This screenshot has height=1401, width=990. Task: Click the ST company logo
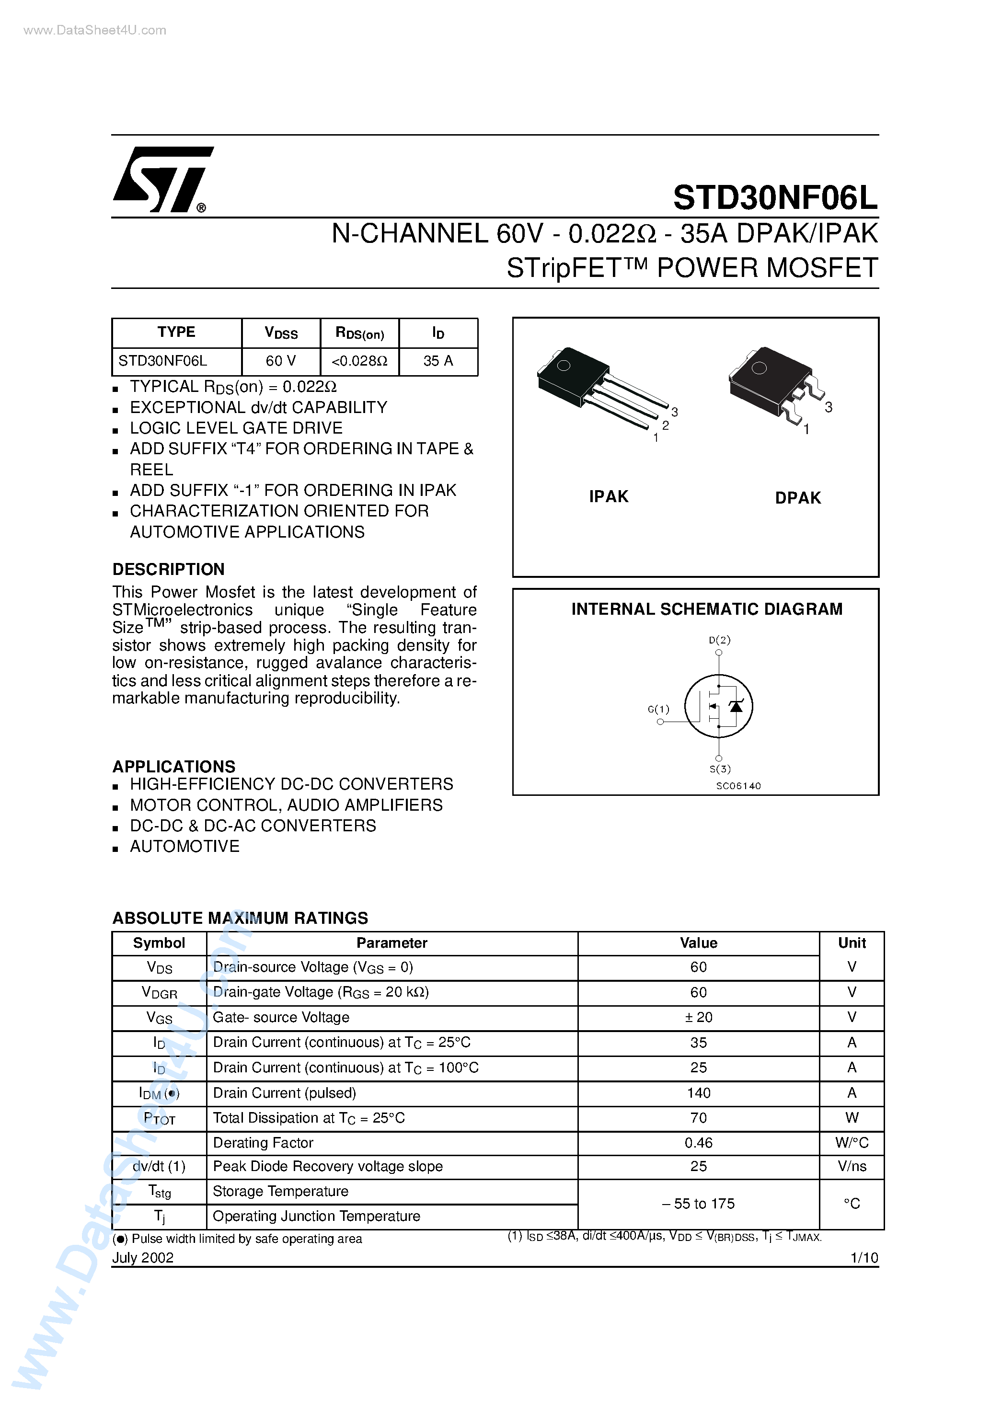[162, 179]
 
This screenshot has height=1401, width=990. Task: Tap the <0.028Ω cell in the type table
[359, 361]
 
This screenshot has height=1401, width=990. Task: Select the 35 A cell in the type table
[438, 361]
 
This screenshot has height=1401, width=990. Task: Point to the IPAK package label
[609, 497]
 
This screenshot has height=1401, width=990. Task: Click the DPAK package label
[798, 498]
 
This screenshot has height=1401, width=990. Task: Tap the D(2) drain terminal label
[720, 640]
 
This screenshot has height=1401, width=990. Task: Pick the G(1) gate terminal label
[658, 709]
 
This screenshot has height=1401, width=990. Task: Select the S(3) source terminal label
[720, 769]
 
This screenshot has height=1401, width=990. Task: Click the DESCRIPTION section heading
[169, 569]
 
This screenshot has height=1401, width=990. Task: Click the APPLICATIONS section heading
[174, 767]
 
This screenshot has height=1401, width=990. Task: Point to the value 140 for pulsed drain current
[698, 1093]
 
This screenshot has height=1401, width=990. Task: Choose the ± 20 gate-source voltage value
[698, 1017]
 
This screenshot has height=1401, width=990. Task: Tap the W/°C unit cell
[852, 1143]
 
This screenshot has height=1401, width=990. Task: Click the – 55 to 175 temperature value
[698, 1204]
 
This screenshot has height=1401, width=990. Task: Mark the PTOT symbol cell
[159, 1118]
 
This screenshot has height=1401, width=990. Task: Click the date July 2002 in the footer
[143, 1258]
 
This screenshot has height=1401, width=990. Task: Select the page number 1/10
[863, 1258]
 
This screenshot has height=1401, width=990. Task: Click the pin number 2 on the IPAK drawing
[665, 425]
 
